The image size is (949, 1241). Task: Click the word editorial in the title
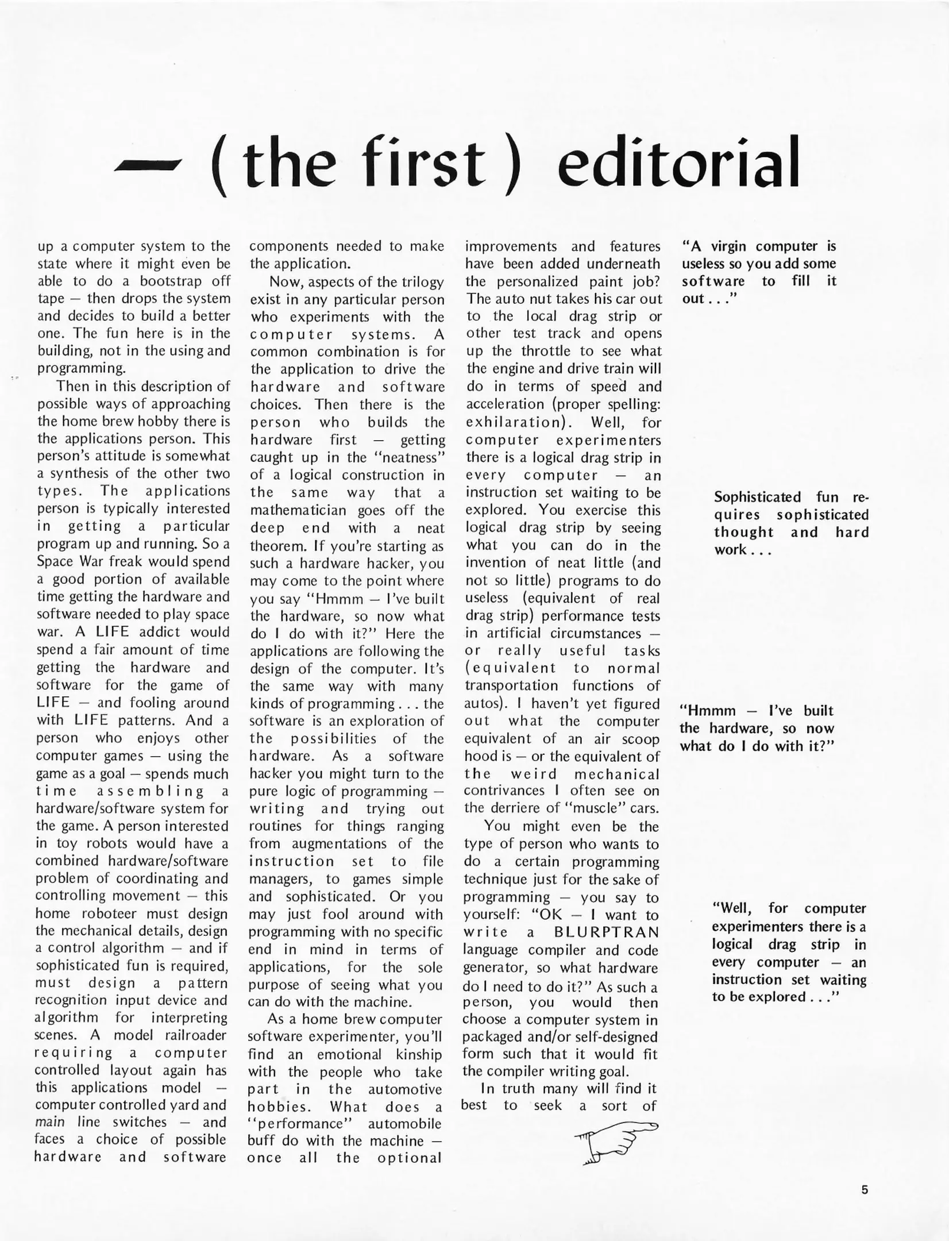[x=678, y=164]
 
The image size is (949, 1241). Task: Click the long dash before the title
[x=148, y=166]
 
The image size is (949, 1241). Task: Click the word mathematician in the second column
[x=298, y=510]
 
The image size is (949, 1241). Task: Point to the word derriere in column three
[x=516, y=808]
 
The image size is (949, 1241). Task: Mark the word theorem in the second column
[x=273, y=546]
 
